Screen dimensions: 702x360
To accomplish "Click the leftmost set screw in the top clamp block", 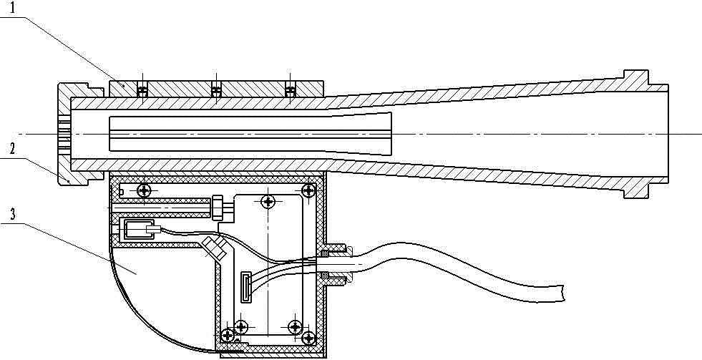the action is (x=142, y=90).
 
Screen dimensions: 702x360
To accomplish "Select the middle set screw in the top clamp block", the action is (x=216, y=90).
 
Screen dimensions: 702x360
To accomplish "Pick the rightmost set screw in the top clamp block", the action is (x=290, y=90).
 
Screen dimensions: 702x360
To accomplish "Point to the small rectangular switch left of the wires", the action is (x=134, y=230).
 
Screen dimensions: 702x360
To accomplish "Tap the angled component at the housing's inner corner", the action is (x=214, y=247).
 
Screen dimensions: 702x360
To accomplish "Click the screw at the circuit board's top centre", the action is (x=268, y=202).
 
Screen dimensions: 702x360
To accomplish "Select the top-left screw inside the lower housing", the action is (x=145, y=190).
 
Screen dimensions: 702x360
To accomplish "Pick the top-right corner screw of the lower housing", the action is (x=308, y=190).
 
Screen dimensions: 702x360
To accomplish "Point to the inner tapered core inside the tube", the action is (x=250, y=133).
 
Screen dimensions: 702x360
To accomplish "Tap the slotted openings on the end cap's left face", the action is (x=62, y=133).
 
